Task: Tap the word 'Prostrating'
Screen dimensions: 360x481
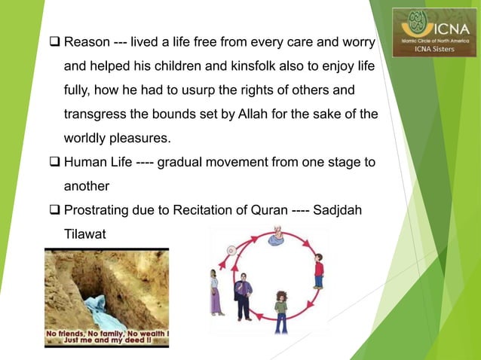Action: tap(100, 211)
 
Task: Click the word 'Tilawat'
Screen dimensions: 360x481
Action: tap(84, 235)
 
